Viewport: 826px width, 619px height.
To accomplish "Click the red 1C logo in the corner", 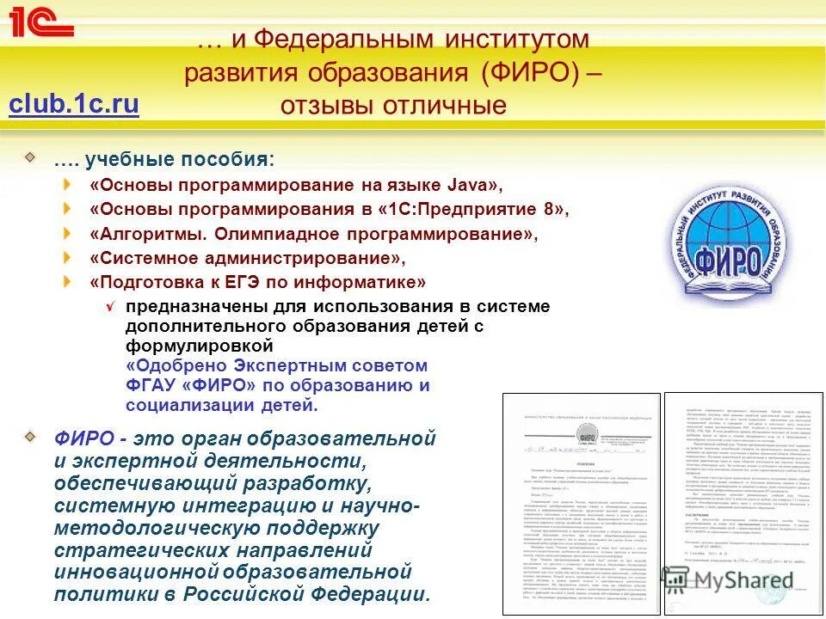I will point(40,22).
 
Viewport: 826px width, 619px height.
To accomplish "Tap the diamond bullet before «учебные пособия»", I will point(30,157).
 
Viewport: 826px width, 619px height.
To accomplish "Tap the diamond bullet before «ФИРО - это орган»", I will point(30,436).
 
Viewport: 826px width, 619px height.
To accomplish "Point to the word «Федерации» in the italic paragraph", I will point(369,594).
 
